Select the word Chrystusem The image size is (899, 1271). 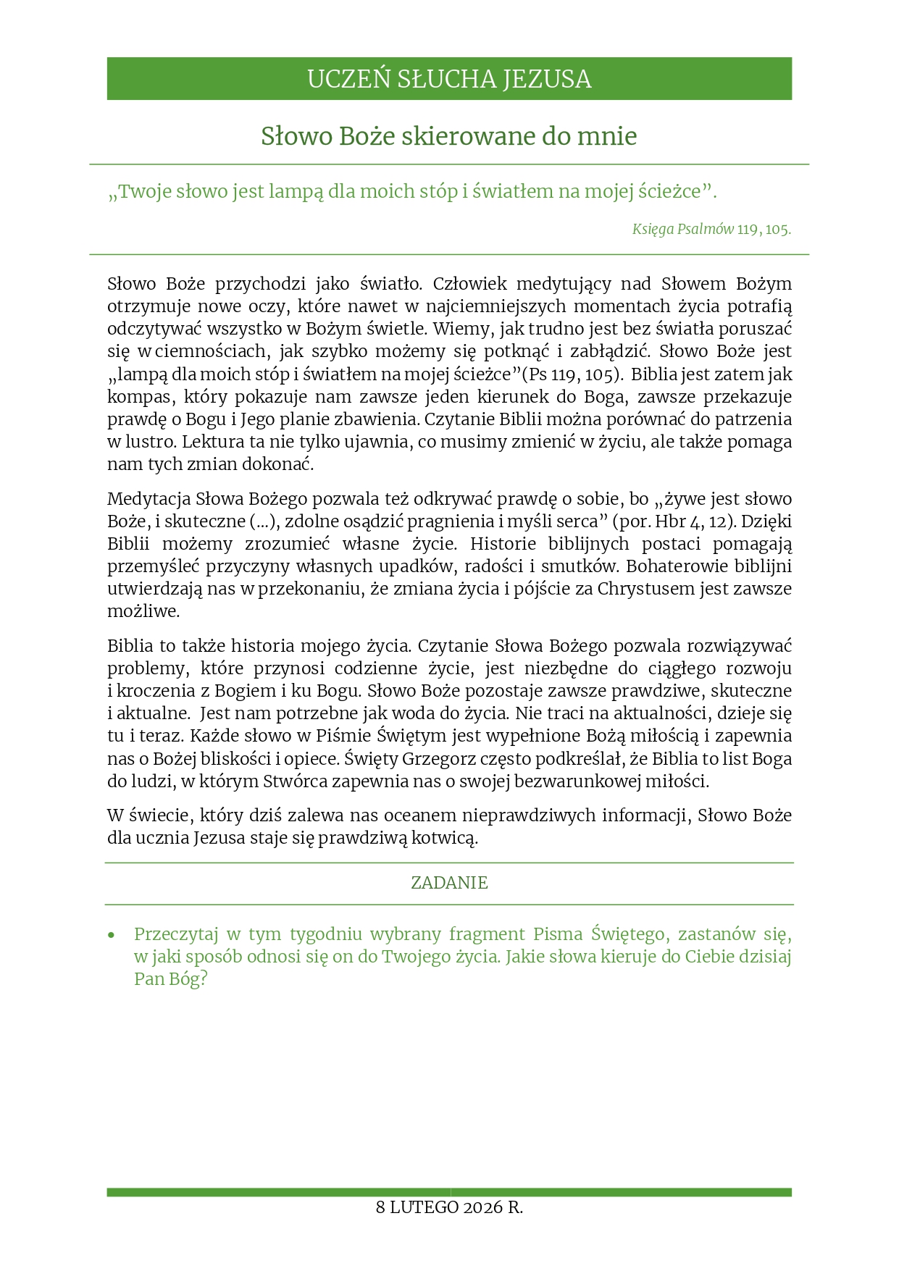pos(645,589)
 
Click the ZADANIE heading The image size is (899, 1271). pos(449,883)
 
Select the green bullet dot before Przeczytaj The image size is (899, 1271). pos(112,935)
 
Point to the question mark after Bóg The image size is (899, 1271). pos(203,980)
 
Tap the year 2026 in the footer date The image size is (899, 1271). pos(483,1207)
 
